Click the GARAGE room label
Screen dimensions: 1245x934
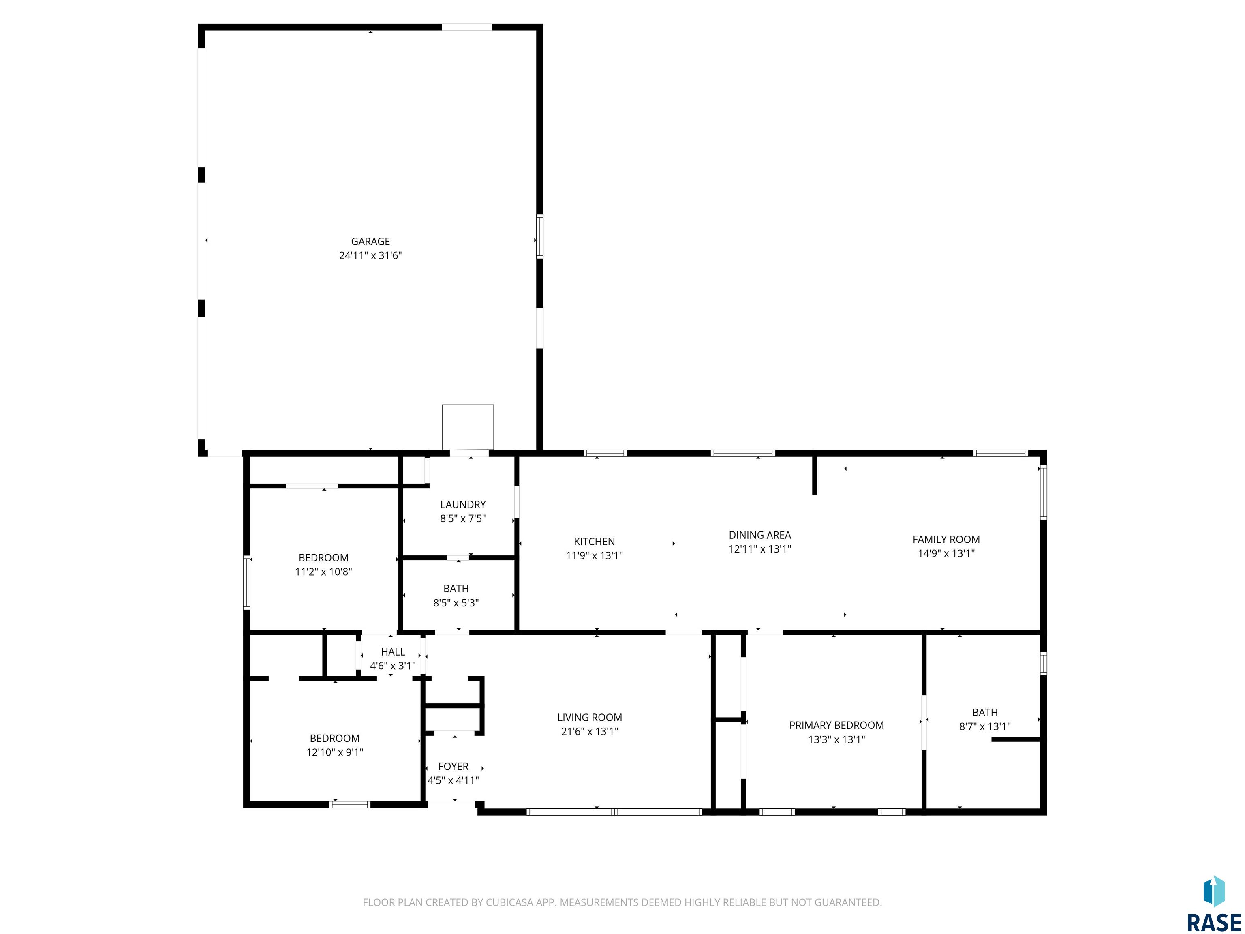tap(370, 242)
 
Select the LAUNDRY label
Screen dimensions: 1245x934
tap(463, 504)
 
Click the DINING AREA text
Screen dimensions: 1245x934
tap(760, 535)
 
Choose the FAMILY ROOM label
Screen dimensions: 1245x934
tap(946, 539)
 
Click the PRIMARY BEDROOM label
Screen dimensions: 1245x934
tap(836, 725)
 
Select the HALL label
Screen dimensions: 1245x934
tap(393, 652)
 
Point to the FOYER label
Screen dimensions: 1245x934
tap(453, 766)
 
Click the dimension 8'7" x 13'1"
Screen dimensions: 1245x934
tap(985, 726)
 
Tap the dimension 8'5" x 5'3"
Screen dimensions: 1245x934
tap(456, 603)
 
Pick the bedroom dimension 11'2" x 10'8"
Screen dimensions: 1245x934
tap(324, 572)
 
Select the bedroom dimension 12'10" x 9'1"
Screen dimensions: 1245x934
tap(335, 752)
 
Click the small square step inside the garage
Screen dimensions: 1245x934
tap(468, 427)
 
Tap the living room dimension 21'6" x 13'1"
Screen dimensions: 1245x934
tap(589, 731)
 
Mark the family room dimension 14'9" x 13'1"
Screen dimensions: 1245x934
tap(946, 553)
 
